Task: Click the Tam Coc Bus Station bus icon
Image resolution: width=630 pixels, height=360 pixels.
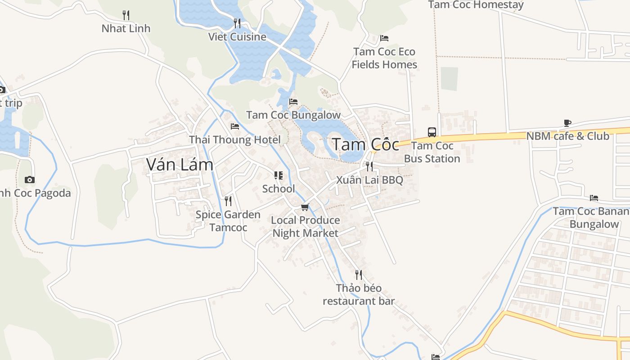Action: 432,132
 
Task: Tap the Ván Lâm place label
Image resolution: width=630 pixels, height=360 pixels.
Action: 180,165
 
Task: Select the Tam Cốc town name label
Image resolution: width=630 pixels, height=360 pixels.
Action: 365,144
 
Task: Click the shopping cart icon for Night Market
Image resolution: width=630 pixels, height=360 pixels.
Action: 305,207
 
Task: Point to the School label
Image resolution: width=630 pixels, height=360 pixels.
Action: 279,189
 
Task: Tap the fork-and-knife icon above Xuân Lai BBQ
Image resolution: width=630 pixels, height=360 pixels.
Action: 369,166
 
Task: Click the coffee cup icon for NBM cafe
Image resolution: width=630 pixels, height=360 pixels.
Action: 567,123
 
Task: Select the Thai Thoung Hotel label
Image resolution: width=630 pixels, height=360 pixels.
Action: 235,139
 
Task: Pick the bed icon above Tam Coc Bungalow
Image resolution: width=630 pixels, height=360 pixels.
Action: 293,102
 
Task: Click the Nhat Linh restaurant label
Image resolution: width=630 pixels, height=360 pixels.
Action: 126,28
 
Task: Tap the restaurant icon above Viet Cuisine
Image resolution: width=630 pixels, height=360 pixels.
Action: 237,23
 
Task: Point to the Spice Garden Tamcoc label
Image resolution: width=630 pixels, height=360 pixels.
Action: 228,221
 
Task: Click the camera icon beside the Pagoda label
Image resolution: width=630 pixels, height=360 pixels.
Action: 30,180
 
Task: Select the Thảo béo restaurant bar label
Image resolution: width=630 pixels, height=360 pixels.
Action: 359,294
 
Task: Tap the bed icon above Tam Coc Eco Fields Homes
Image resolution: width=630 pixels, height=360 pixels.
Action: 384,38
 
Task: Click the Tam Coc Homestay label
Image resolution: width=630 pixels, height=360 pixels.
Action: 476,5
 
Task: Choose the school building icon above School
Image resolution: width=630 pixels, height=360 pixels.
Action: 279,175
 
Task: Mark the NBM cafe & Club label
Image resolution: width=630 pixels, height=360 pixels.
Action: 567,136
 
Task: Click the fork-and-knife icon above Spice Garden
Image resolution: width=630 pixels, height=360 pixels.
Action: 228,201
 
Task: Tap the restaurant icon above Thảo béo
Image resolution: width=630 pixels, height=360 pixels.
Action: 359,274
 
